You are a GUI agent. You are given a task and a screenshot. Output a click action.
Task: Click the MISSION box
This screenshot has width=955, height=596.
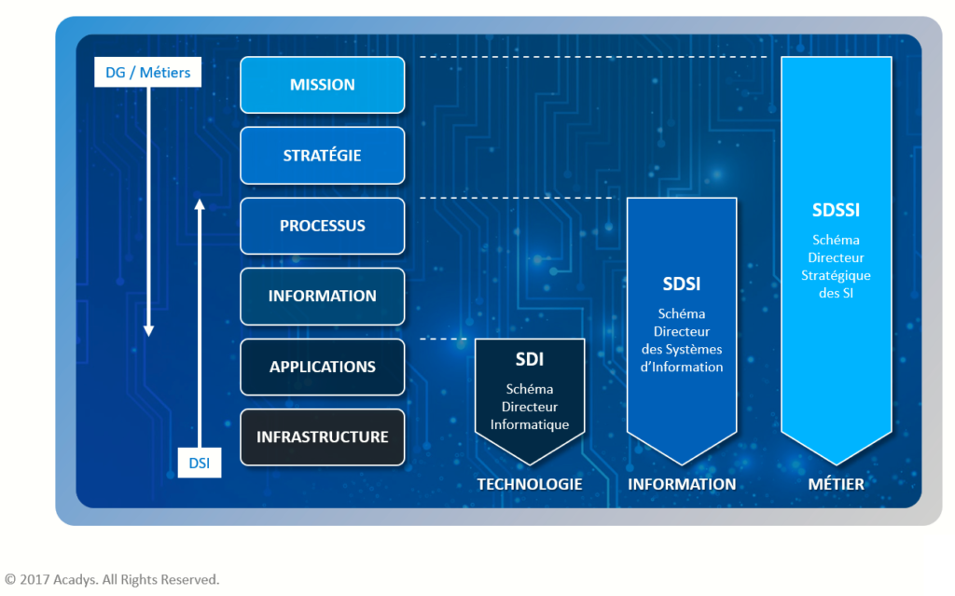point(322,85)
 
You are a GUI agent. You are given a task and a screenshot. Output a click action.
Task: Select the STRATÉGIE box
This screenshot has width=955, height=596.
point(322,156)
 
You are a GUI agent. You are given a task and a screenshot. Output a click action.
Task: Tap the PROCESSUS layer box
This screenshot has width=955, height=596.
point(322,226)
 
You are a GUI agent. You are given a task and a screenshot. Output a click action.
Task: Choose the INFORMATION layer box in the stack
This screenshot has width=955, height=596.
point(322,296)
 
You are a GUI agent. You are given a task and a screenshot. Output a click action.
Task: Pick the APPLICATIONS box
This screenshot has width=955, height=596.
point(322,367)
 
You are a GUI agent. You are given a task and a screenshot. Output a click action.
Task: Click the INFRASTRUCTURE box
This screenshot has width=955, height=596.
point(322,437)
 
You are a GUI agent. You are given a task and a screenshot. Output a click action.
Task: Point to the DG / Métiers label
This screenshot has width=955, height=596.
point(147,73)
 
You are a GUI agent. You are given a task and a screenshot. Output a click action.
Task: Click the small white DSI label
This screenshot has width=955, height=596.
point(200,462)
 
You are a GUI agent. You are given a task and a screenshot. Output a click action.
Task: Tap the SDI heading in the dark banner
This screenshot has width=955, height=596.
point(530,360)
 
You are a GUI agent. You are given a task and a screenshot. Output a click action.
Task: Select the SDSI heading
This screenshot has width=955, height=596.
point(681,284)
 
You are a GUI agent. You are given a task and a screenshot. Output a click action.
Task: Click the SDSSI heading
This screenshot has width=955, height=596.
point(836,211)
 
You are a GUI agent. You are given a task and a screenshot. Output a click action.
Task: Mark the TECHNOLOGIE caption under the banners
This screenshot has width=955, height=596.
point(530,484)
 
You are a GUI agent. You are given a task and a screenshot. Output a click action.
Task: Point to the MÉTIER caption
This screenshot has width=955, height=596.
point(836,484)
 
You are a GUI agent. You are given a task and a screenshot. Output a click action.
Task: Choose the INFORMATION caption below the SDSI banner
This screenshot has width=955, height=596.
point(682,484)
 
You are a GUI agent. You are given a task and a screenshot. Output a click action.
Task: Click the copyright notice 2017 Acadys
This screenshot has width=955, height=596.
point(112,579)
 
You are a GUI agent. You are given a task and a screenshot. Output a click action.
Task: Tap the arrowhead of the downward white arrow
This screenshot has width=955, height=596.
point(148,330)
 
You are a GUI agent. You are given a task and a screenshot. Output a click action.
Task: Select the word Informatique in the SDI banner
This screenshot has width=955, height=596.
point(530,424)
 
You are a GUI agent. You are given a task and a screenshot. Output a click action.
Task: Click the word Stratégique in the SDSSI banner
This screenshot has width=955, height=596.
point(836,275)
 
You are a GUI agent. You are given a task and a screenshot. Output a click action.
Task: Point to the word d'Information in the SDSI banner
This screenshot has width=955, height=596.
point(681,367)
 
